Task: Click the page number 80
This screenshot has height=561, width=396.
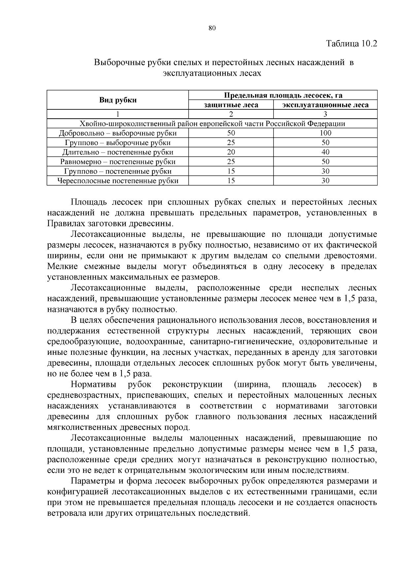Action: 212,28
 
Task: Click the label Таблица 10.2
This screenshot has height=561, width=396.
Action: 351,44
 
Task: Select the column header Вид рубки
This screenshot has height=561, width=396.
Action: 118,100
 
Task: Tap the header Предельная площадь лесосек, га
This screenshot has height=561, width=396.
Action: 283,95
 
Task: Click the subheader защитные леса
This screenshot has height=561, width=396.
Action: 231,105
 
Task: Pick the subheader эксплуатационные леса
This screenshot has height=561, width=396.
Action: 325,105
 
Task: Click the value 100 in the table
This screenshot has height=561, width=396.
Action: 325,133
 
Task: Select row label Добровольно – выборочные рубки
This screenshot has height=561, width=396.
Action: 118,133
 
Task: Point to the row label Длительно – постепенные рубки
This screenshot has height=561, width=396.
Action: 118,152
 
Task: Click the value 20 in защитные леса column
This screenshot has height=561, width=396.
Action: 231,152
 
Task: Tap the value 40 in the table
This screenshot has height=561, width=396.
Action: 325,152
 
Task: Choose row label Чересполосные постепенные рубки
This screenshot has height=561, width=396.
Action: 118,181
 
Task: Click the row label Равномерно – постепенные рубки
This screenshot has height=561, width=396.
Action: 118,162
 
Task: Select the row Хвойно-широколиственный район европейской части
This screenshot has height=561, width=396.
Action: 212,124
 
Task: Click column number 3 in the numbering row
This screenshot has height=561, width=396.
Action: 325,114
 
